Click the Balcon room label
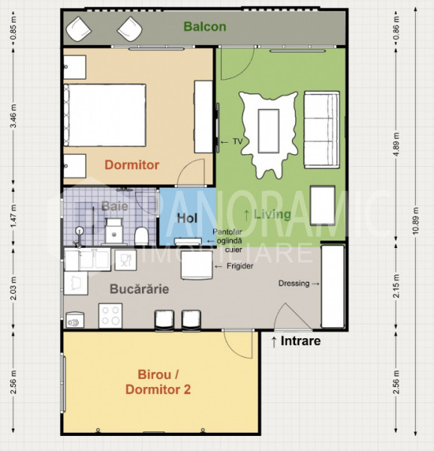pos(205,28)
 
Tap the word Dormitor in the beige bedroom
pos(131,165)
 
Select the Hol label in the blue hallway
pos(185,218)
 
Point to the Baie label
pos(114,205)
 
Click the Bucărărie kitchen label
pos(137,288)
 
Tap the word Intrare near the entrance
pos(301,341)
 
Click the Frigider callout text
pos(239,266)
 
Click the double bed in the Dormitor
pos(105,116)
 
